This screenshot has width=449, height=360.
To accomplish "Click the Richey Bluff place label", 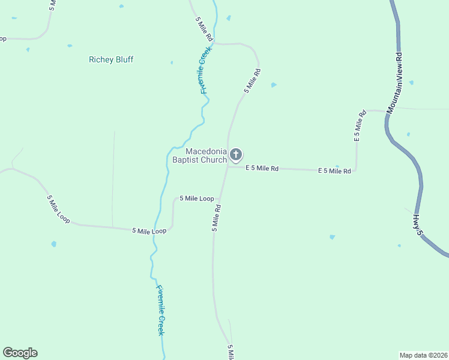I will click(x=111, y=59).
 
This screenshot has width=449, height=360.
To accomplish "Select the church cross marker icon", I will click(x=236, y=155).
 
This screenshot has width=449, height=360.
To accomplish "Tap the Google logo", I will click(x=20, y=353).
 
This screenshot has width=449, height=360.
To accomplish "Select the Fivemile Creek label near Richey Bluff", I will click(x=203, y=70).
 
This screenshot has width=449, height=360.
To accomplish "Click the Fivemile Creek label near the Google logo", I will click(x=160, y=309).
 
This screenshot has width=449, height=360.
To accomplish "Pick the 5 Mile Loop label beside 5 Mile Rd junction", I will click(x=196, y=199).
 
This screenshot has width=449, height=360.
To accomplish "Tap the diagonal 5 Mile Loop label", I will click(x=58, y=209).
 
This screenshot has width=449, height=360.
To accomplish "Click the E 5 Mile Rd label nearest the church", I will click(x=261, y=169).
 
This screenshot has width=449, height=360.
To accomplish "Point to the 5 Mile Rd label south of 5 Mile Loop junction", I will click(x=216, y=218).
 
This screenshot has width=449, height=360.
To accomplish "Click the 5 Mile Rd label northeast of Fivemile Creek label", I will click(x=252, y=81).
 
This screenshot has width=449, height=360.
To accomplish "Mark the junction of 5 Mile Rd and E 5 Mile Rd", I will click(x=228, y=167).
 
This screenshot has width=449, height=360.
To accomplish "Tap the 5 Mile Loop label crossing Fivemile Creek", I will click(x=149, y=231).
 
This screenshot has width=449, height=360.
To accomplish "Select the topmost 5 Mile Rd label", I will click(x=204, y=28).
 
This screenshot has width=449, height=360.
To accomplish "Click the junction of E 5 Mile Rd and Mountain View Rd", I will click(x=386, y=111).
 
